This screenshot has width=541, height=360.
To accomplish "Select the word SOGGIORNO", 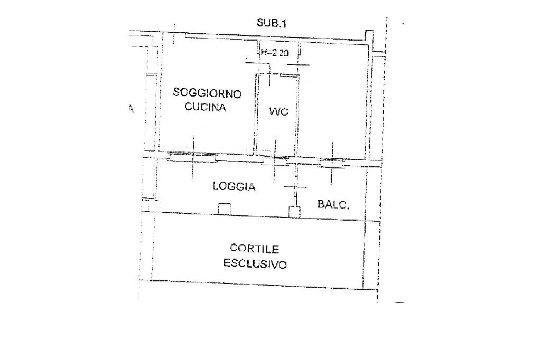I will click(207, 94).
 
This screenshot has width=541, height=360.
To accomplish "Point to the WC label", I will click(278, 111).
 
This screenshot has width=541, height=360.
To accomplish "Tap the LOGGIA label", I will click(234, 186).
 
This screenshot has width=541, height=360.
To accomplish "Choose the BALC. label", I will click(333, 204).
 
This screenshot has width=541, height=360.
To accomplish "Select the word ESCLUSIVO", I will click(255, 263).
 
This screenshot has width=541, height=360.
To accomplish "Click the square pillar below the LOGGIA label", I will click(224, 209).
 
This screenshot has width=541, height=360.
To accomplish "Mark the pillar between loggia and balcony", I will click(294, 212).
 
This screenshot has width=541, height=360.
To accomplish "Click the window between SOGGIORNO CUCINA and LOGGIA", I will click(192, 157).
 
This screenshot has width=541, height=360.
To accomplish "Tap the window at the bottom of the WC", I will click(275, 158).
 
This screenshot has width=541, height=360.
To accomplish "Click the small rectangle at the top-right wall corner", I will click(369, 37).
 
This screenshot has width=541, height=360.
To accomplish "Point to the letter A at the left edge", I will click(132, 109).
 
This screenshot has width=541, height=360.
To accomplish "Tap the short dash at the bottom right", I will click(399, 303).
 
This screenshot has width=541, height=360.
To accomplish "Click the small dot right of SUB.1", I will click(403, 24).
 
